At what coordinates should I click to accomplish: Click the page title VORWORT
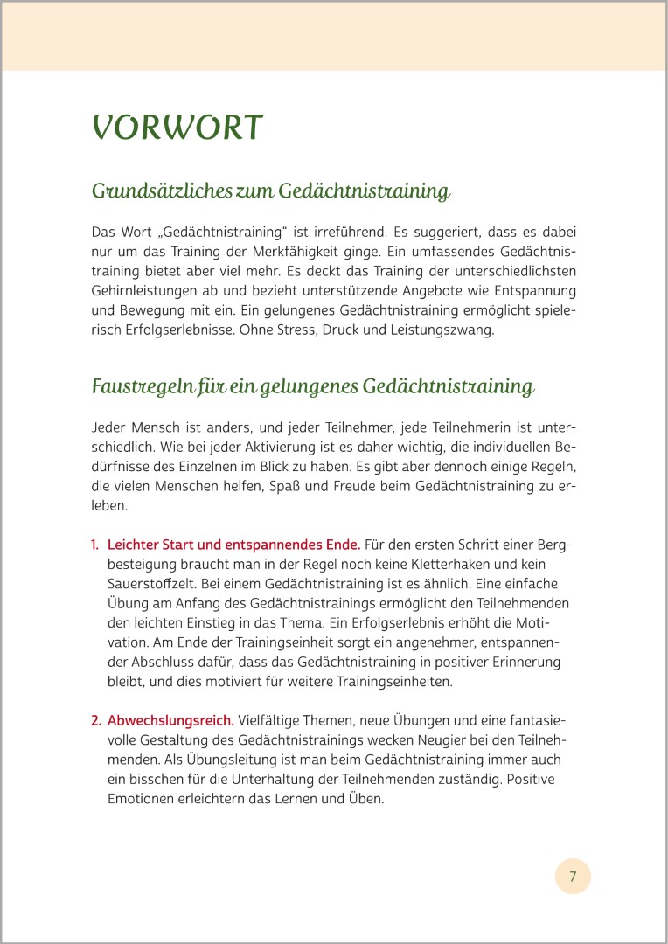click(x=177, y=128)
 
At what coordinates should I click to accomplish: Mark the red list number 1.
click(x=94, y=545)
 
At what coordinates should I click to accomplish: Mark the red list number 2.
click(x=95, y=720)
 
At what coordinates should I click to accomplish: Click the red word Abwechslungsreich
click(x=170, y=720)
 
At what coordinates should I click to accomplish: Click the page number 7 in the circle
click(x=573, y=876)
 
